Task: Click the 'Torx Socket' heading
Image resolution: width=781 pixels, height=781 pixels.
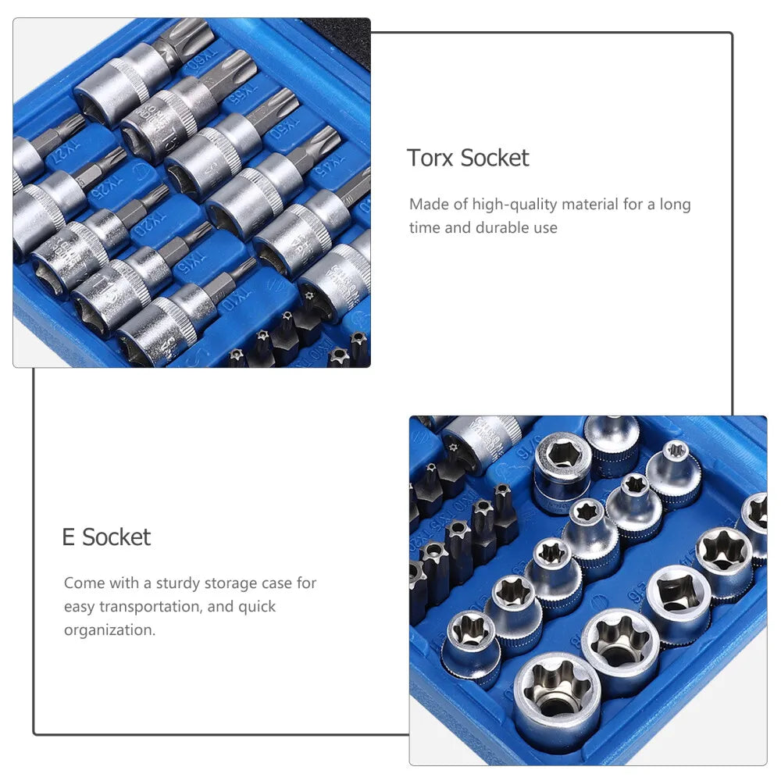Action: (468, 158)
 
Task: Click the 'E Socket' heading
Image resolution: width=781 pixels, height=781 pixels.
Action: (106, 537)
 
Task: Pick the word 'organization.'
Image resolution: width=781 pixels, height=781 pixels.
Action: (110, 630)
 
